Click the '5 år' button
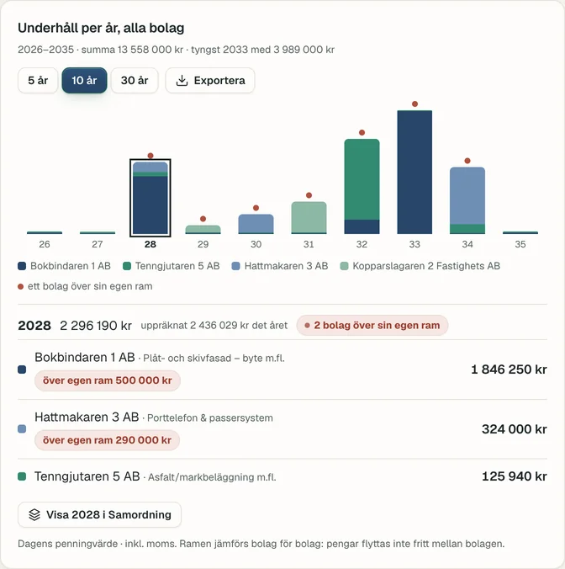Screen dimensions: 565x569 pyautogui.click(x=38, y=80)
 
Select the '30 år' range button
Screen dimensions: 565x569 pyautogui.click(x=135, y=80)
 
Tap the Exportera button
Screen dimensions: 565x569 pyautogui.click(x=210, y=80)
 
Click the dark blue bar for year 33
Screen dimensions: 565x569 pyautogui.click(x=415, y=172)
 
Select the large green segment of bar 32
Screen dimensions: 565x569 pyautogui.click(x=362, y=179)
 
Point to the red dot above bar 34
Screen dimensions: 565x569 pyautogui.click(x=467, y=161)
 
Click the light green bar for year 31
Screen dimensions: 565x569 pyautogui.click(x=309, y=217)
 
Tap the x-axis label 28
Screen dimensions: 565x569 pyautogui.click(x=150, y=244)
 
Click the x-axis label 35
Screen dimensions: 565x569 pyautogui.click(x=520, y=244)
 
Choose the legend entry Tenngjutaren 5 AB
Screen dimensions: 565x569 pyautogui.click(x=172, y=266)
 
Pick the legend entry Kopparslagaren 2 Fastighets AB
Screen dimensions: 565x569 pyautogui.click(x=420, y=266)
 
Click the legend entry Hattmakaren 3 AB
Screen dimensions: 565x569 pyautogui.click(x=280, y=266)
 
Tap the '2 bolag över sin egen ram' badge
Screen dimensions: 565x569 pyautogui.click(x=372, y=325)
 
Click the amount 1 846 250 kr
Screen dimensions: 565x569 pyautogui.click(x=509, y=370)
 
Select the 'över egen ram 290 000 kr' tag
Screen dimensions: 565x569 pyautogui.click(x=108, y=440)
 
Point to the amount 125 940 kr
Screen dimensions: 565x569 pyautogui.click(x=515, y=476)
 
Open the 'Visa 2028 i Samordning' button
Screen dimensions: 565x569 pyautogui.click(x=100, y=514)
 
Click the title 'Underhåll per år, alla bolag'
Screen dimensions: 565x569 pyautogui.click(x=101, y=28)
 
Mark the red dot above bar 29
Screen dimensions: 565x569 pyautogui.click(x=203, y=219)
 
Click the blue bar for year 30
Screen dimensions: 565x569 pyautogui.click(x=256, y=224)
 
